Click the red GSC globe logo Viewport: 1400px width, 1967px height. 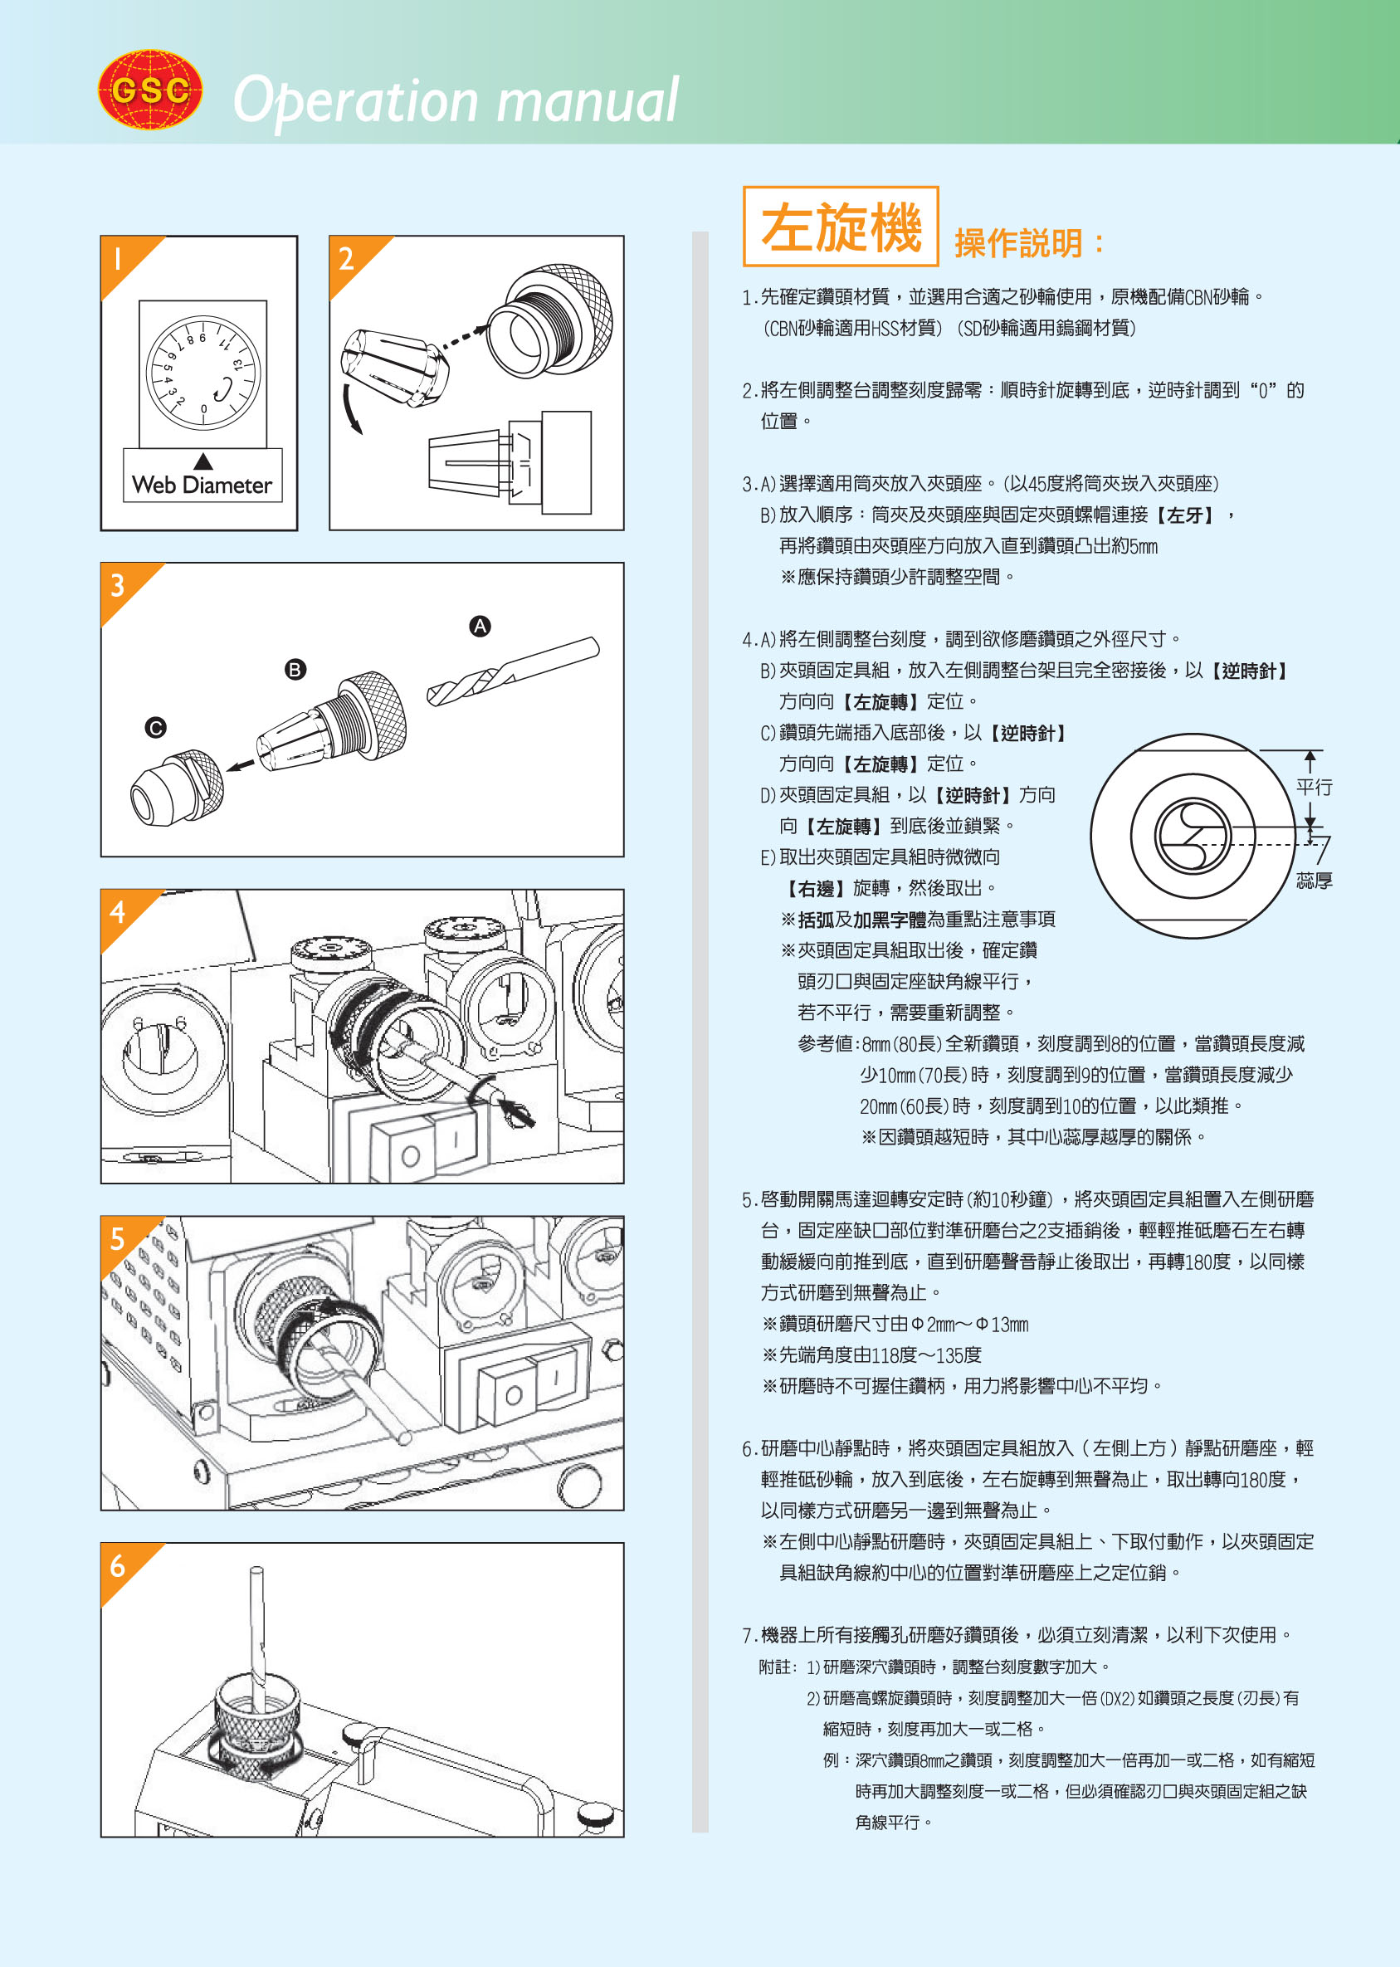coord(150,90)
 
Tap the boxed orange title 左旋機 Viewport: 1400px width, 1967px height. coord(841,227)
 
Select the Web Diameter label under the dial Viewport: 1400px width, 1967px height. coord(202,486)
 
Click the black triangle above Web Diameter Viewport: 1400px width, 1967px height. coord(202,461)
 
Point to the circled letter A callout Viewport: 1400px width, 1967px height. coord(480,626)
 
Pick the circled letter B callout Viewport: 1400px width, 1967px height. coord(295,669)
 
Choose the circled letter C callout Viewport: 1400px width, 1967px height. coord(155,728)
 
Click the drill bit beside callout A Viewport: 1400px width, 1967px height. coord(513,671)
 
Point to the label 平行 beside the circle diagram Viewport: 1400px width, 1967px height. coord(1314,787)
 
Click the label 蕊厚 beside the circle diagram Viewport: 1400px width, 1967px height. coord(1314,880)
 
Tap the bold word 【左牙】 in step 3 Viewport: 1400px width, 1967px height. coord(1186,515)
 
